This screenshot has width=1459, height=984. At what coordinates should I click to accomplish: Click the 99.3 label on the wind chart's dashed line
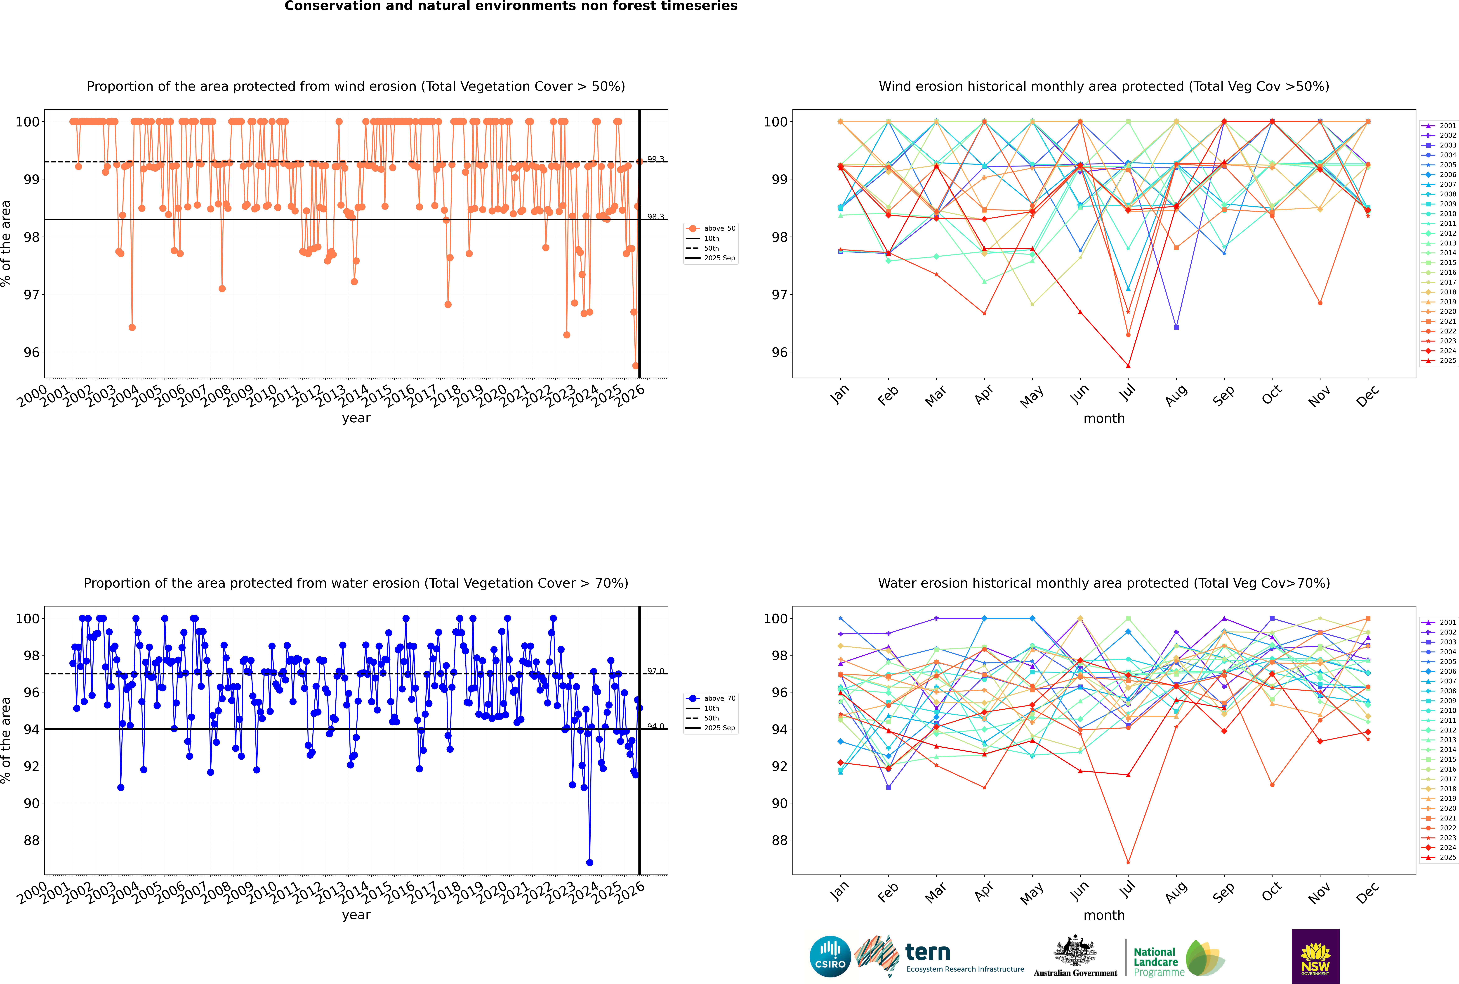655,159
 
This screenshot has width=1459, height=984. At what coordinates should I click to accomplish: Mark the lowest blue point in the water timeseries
590,862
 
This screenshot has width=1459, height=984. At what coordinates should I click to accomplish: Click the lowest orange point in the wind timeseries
635,365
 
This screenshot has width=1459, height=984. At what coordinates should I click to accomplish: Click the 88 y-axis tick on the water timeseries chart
31,840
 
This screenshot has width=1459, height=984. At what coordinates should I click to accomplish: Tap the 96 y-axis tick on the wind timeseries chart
31,352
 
